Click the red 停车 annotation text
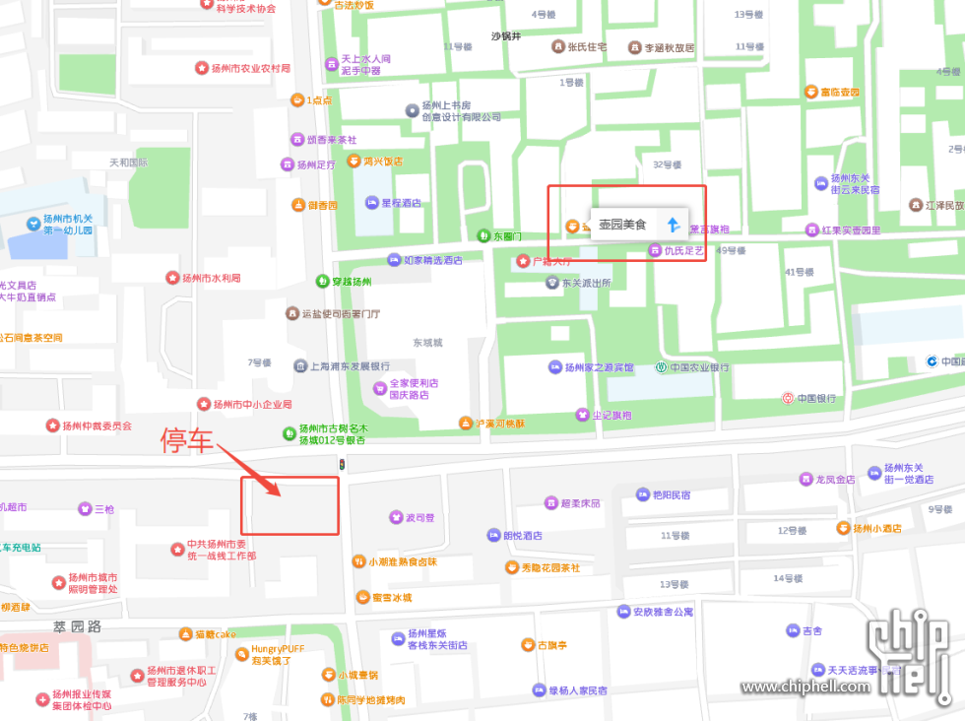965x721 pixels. (187, 442)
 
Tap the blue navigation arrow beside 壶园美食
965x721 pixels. (673, 225)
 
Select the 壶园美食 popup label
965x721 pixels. (622, 225)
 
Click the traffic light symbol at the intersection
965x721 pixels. (342, 465)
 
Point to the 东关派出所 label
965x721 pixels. (586, 283)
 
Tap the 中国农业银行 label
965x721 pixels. (700, 367)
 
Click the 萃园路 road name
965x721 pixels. (78, 626)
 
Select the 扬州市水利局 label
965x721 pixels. (211, 278)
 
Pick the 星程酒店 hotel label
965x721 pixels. (401, 203)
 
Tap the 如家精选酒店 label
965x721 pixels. (433, 261)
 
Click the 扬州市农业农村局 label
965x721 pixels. (250, 68)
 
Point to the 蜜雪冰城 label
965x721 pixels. (391, 597)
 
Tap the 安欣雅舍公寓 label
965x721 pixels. (663, 612)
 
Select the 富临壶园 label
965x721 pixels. (840, 93)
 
